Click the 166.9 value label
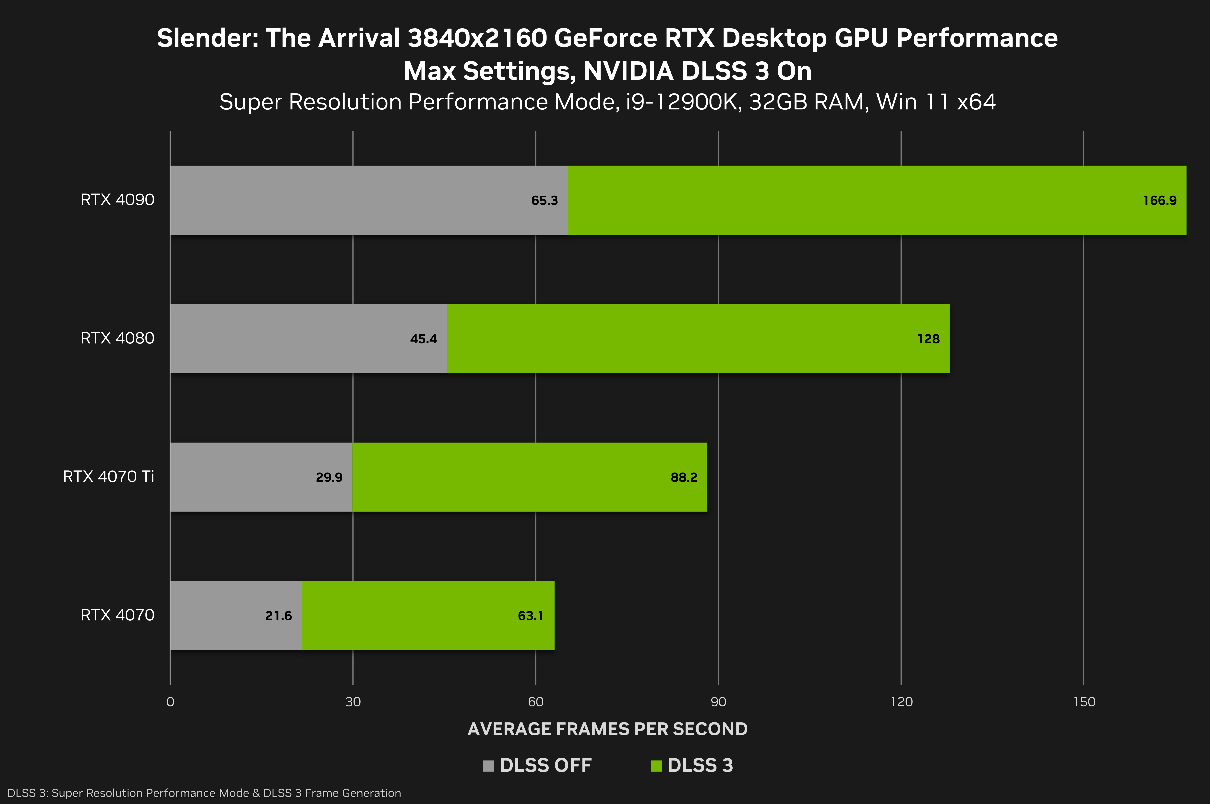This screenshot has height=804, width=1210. click(x=1160, y=201)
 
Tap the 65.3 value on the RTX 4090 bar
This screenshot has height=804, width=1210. click(x=544, y=201)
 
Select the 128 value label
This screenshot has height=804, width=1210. click(x=928, y=339)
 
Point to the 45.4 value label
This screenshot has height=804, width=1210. click(x=423, y=339)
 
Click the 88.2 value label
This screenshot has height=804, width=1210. click(x=684, y=477)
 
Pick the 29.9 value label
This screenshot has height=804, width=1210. click(x=329, y=477)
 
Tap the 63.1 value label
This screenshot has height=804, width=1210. click(x=530, y=616)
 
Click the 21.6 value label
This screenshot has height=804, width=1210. click(x=278, y=616)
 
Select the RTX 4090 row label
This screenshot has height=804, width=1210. click(x=117, y=199)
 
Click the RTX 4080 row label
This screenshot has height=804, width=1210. click(x=117, y=338)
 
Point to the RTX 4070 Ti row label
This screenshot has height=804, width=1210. click(x=109, y=476)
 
